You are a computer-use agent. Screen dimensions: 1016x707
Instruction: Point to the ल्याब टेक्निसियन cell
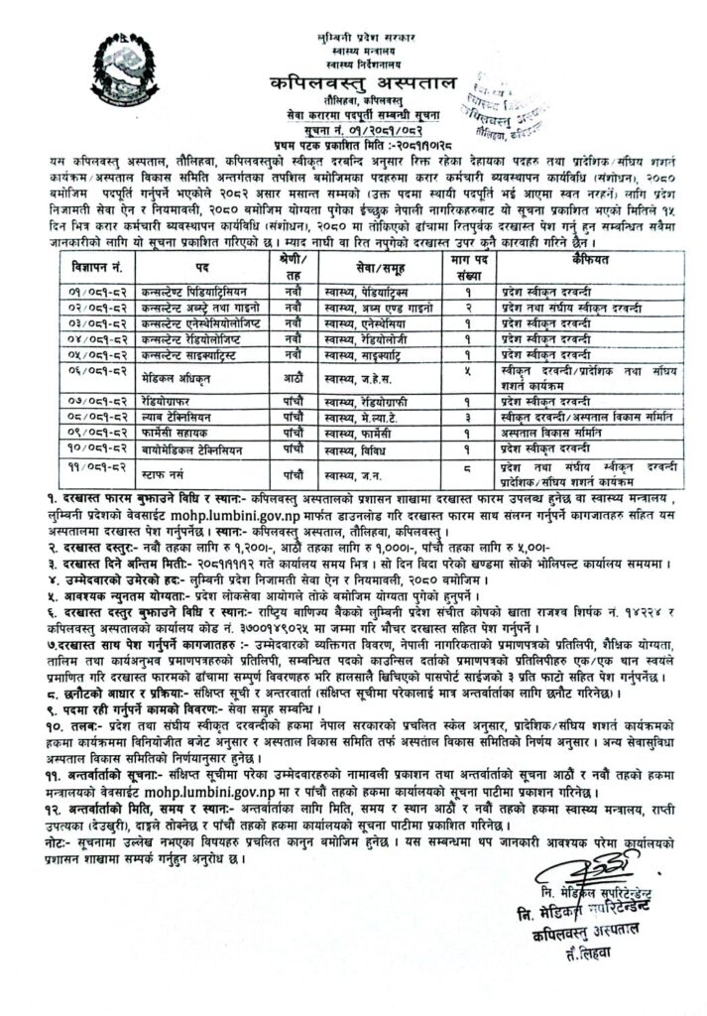184,418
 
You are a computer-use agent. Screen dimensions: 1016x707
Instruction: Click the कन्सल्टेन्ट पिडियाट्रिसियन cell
201,295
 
